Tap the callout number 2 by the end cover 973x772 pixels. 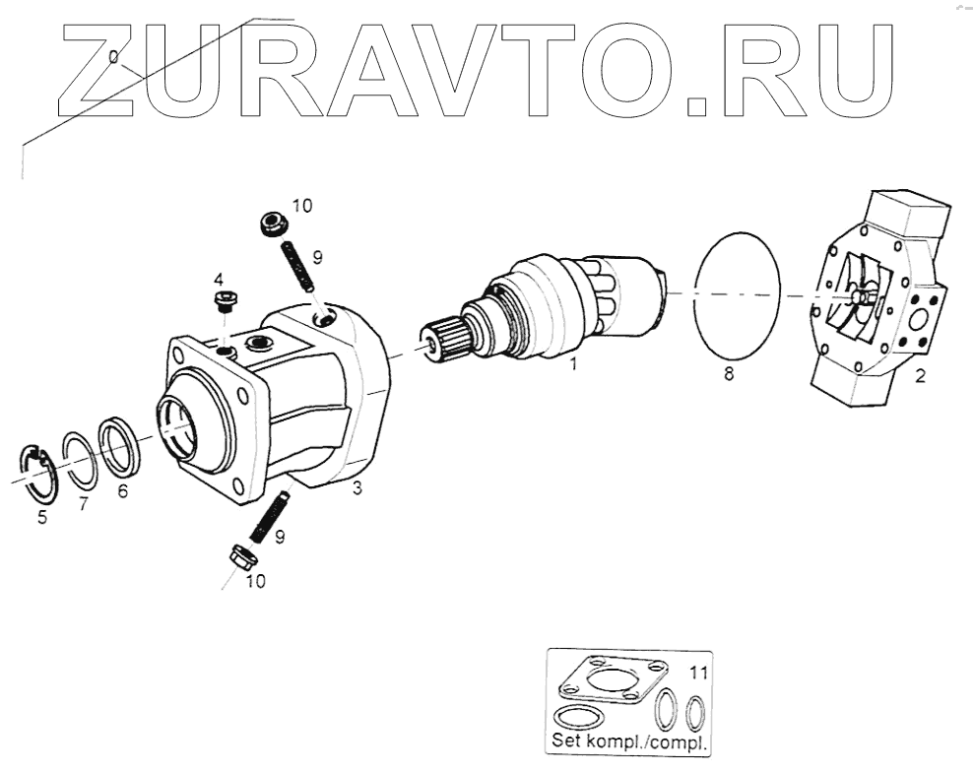(x=920, y=375)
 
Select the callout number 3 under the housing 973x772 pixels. (x=357, y=487)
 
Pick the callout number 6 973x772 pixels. (x=122, y=492)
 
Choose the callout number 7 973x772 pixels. (x=82, y=503)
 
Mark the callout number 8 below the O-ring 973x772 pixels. (x=728, y=375)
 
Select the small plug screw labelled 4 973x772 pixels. (x=224, y=299)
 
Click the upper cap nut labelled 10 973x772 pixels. (x=271, y=224)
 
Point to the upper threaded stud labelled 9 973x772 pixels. (x=298, y=267)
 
